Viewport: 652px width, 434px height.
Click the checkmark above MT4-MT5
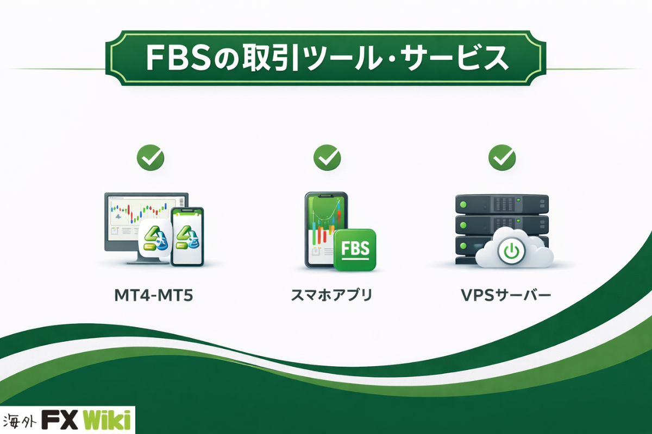(151, 157)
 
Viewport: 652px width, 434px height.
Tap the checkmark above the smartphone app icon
(327, 157)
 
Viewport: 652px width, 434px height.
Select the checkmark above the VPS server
(502, 157)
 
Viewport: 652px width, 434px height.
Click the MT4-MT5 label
(154, 295)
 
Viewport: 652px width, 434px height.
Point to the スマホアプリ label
(332, 295)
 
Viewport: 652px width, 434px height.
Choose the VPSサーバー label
(506, 295)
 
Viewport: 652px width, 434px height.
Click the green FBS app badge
(355, 250)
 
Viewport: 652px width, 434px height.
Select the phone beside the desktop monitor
(187, 237)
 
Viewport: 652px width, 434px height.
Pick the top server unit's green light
(463, 204)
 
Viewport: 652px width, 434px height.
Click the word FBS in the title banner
(178, 58)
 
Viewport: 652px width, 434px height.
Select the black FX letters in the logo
(60, 419)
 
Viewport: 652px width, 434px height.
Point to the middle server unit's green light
(463, 225)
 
